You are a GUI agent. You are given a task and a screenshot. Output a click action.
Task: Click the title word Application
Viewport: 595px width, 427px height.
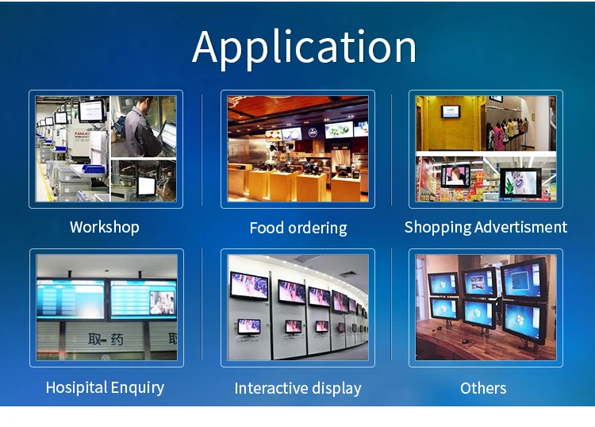coord(305,48)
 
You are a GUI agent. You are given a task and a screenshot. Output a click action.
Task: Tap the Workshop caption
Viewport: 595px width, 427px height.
coord(105,227)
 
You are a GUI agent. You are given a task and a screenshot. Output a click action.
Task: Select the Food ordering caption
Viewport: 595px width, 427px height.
coord(298,228)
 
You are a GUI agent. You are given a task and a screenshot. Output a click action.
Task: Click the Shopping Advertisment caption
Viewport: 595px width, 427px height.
coord(486,227)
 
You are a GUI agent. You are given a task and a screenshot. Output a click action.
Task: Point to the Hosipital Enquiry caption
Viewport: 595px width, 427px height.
coord(105,388)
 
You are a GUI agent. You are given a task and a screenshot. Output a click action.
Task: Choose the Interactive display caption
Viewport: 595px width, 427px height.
coord(297,389)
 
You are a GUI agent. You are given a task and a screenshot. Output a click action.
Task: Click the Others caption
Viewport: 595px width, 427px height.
coord(483,388)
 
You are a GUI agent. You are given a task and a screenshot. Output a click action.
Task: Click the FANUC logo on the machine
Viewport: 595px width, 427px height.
coord(82,134)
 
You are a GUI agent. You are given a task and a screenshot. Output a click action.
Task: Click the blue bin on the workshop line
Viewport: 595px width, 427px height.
coord(94,168)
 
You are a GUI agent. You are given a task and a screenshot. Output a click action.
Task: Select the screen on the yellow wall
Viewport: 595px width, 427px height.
coord(451,112)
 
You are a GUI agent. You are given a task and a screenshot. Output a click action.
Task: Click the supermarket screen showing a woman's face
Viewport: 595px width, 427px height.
coord(455,176)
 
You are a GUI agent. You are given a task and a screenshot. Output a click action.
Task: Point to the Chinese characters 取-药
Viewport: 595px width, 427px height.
coord(106,339)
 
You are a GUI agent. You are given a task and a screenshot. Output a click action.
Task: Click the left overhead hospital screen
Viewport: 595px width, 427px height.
coord(71,299)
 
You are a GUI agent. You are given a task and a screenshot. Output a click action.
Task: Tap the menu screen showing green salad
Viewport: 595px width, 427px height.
coord(339,130)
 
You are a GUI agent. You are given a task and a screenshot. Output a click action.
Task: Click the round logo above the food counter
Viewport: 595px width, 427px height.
coord(313,133)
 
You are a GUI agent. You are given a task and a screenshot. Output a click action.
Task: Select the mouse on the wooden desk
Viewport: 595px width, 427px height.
coord(465,341)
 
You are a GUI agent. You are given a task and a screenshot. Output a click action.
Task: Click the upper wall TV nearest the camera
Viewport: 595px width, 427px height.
coord(249,287)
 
